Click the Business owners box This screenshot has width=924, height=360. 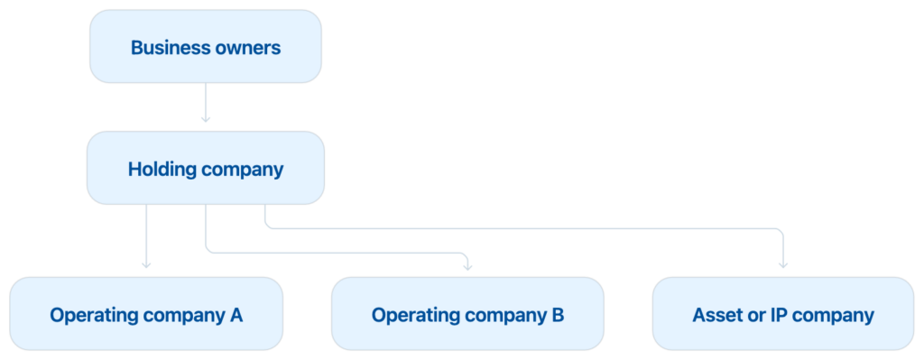point(206,47)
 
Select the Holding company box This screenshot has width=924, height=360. point(206,169)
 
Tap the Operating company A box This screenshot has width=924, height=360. point(146,314)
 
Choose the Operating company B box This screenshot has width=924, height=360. point(467,314)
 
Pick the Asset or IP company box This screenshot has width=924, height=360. point(783,314)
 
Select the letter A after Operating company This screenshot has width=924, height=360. point(236,315)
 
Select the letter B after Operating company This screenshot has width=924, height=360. point(558,315)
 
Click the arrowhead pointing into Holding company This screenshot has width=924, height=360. point(206,120)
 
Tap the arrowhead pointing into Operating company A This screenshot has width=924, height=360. point(146,265)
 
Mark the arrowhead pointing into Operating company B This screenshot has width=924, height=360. point(467,267)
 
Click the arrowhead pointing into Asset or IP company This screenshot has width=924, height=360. point(783,265)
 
